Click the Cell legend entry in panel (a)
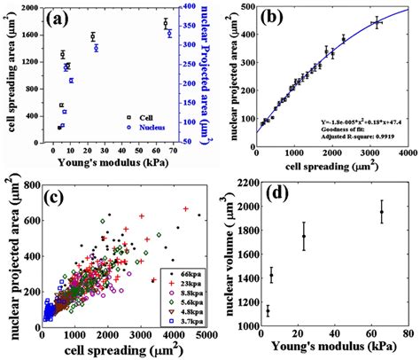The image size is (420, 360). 151,116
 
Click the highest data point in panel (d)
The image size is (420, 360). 382,212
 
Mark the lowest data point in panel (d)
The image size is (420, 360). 268,310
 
